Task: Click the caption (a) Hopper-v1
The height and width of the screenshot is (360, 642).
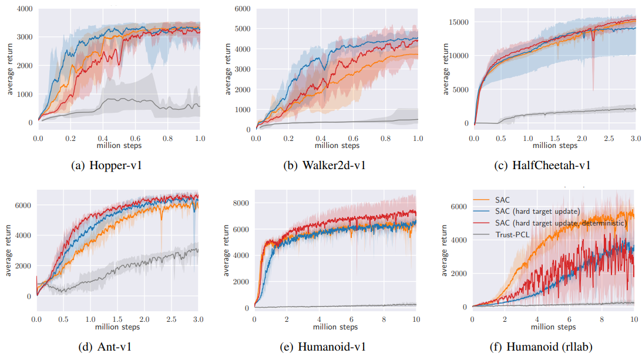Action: (106, 166)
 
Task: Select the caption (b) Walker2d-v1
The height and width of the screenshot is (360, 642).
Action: (324, 166)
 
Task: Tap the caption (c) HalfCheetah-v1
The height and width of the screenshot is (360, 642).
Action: (544, 166)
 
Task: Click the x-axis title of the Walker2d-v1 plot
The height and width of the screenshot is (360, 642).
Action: (336, 145)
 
